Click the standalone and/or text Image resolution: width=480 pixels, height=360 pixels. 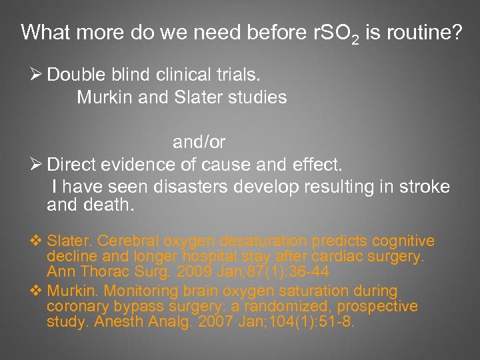coord(199,142)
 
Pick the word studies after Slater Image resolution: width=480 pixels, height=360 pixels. coord(257,97)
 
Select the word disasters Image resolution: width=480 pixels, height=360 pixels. coord(192,187)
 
